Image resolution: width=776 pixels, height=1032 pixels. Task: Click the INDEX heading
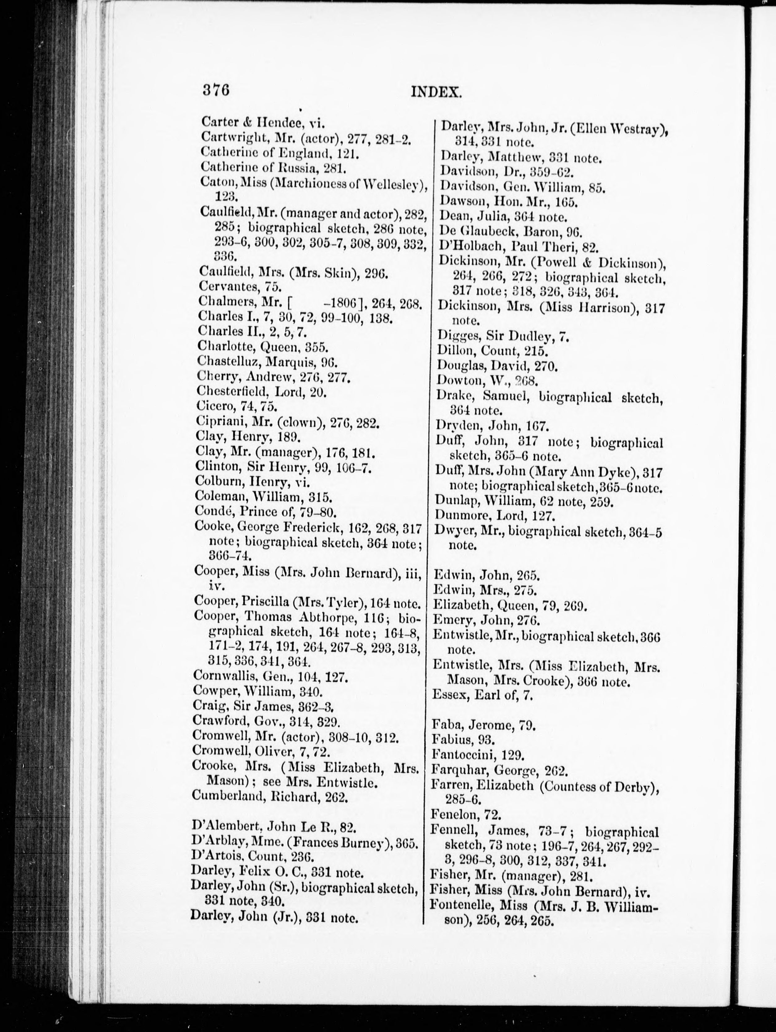436,92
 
